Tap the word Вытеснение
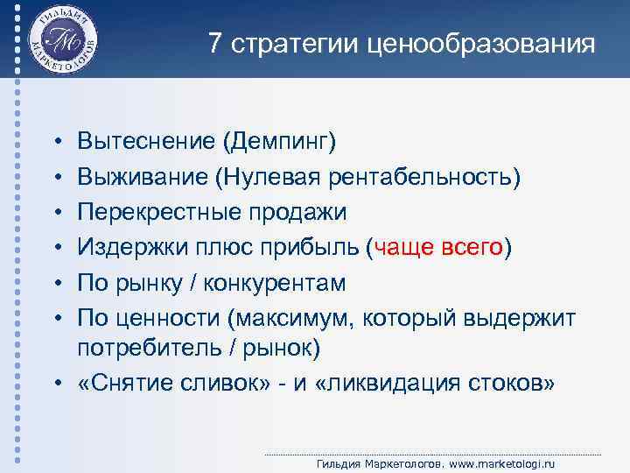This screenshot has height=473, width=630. tap(146, 140)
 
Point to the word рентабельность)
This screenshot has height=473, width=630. tap(424, 178)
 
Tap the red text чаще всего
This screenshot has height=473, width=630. tap(438, 248)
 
